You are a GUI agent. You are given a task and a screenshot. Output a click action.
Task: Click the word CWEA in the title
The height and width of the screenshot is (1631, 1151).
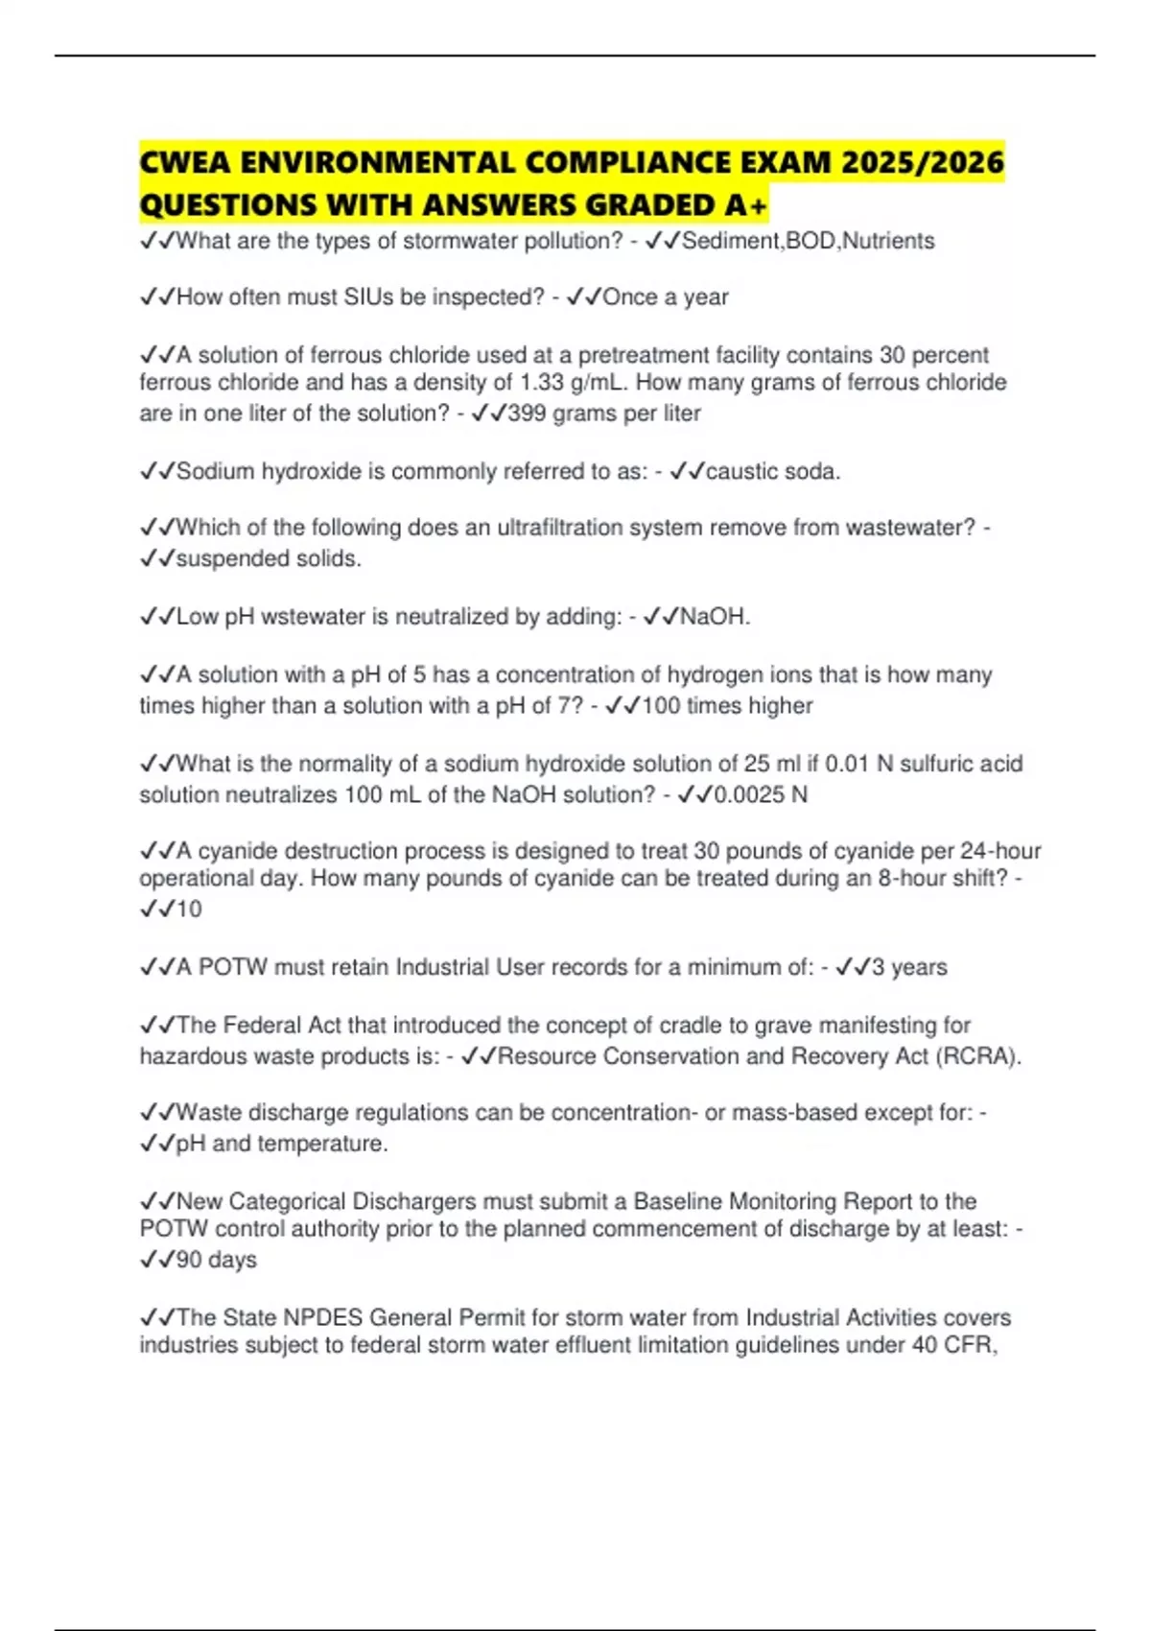pos(185,162)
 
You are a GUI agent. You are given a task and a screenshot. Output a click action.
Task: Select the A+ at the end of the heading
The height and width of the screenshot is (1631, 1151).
pos(746,205)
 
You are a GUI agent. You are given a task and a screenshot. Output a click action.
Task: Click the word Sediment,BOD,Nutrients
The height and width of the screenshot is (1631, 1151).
pos(808,241)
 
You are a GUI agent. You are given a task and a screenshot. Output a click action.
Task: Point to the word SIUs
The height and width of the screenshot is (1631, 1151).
pos(368,297)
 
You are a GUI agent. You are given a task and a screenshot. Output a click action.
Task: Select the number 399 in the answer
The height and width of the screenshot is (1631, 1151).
pos(527,414)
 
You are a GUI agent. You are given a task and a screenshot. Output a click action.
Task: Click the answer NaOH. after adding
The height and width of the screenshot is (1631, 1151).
pos(715,617)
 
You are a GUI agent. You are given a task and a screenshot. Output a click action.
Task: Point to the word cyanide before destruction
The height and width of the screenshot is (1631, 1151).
pos(237,851)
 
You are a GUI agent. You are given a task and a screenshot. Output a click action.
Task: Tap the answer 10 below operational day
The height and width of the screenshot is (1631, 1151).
pos(189,910)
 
